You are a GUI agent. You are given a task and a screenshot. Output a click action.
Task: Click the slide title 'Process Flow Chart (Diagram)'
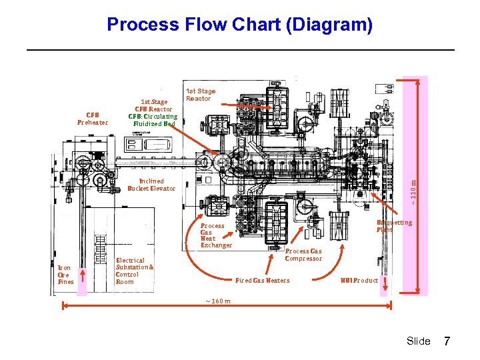[239, 25]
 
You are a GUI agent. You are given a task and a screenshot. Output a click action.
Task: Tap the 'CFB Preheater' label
[92, 118]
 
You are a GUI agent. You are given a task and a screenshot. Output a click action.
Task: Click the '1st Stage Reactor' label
[200, 95]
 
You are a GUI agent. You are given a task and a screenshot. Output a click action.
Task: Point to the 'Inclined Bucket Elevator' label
[151, 185]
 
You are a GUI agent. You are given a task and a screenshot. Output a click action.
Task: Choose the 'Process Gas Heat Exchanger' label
[216, 235]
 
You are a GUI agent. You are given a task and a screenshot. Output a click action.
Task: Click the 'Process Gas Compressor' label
[303, 255]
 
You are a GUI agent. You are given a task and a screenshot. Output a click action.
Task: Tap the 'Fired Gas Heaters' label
[263, 280]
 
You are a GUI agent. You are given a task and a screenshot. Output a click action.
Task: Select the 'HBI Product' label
[359, 280]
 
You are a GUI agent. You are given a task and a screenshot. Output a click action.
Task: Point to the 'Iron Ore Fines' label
[65, 275]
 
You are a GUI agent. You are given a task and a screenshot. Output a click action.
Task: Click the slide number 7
[447, 341]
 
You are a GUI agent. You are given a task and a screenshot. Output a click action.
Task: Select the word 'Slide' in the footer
[418, 341]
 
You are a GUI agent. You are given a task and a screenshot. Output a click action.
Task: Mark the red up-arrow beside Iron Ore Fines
[82, 280]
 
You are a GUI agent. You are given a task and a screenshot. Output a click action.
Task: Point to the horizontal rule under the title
[239, 50]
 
